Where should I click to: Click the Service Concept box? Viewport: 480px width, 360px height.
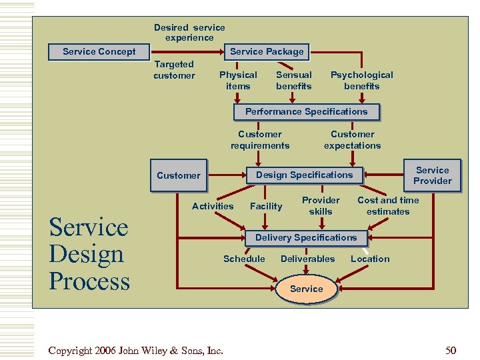(99, 52)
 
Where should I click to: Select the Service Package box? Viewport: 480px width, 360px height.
(267, 52)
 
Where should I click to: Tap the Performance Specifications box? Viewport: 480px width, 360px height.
(306, 112)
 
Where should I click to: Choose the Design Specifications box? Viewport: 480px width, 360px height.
(304, 175)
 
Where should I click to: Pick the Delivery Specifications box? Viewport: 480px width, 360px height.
(306, 238)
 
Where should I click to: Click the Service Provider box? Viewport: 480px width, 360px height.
(432, 176)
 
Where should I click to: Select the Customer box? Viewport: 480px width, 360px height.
(178, 176)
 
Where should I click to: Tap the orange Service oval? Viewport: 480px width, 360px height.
(307, 289)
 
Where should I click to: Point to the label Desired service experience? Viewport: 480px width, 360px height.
(189, 33)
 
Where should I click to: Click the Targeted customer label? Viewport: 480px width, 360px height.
(174, 70)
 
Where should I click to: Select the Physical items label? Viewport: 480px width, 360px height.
(238, 81)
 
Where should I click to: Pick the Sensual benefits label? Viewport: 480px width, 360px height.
(294, 81)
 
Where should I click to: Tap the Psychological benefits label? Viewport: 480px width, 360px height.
(362, 81)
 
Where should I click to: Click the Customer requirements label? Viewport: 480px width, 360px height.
(260, 140)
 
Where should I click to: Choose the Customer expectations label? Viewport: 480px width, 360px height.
(353, 140)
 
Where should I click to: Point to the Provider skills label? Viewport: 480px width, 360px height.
(321, 206)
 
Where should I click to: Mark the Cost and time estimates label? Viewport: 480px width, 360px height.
(388, 206)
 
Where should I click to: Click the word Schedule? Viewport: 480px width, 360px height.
(244, 259)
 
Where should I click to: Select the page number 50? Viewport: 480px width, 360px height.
(451, 350)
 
